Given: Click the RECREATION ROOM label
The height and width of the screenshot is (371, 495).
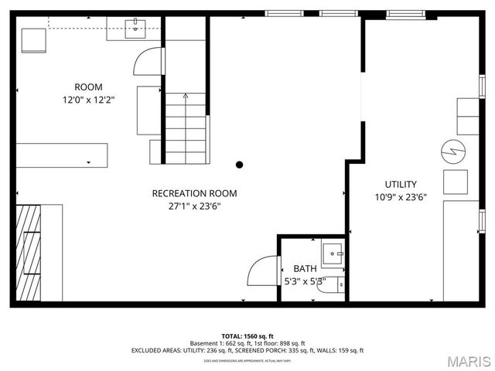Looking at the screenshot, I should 194,193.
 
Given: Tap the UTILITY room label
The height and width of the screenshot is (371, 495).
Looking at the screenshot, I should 401,184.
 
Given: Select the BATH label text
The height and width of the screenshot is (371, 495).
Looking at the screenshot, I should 305,269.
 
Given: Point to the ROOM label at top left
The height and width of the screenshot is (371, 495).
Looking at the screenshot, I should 88,87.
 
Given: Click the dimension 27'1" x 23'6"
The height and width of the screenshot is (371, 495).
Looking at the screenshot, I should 194,206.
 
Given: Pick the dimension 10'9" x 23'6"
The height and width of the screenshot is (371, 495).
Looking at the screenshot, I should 401,197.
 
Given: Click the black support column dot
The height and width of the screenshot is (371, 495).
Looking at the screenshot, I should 240,164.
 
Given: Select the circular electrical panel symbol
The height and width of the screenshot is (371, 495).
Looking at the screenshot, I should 451,150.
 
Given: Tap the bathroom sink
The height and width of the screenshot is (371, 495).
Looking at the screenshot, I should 334,253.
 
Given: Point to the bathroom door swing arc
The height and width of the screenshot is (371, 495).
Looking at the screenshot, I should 261,271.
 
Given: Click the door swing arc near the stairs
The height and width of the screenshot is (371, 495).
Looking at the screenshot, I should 147,62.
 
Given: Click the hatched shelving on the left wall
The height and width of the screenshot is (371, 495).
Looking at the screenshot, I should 29,251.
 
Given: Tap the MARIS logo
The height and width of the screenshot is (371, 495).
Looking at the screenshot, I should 467,360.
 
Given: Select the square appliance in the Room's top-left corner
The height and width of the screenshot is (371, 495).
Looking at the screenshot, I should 34,39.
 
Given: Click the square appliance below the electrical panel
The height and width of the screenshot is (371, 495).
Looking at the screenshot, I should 455,182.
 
